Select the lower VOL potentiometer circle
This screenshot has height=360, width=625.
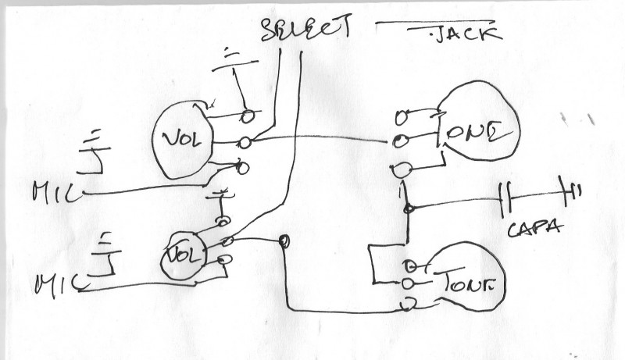pos(183,254)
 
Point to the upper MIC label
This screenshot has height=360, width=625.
pos(55,191)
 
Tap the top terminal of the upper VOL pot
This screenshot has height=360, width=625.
pos(248,116)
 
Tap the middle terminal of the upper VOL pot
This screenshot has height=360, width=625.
pos(245,142)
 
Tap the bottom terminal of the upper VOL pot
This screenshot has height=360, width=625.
pos(242,167)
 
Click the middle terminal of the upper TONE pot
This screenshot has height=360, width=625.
pos(399,141)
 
